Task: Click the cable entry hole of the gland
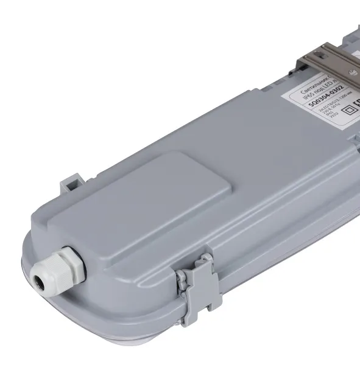40,279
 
